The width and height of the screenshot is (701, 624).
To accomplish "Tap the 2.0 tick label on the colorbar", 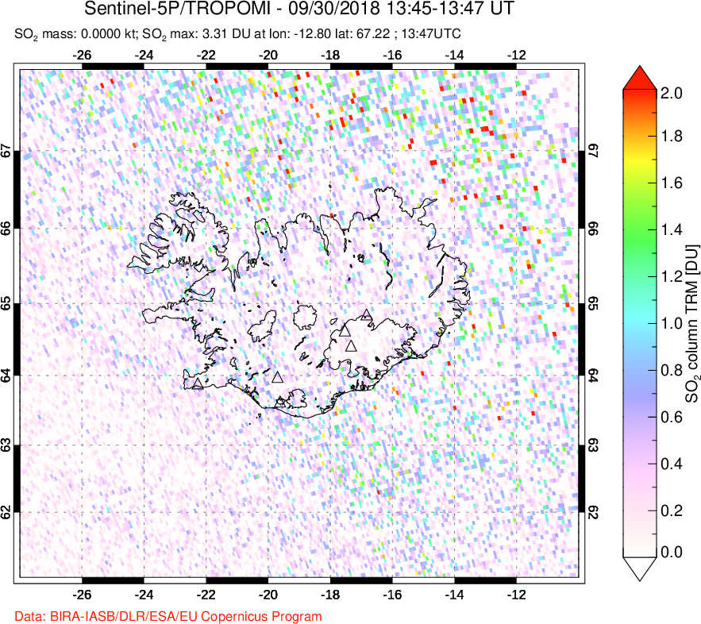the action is [672, 93].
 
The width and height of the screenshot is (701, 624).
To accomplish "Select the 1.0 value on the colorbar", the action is [672, 322].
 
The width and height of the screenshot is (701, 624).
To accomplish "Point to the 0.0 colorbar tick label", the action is [672, 552].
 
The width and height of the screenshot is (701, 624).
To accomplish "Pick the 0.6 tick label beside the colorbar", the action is [672, 414].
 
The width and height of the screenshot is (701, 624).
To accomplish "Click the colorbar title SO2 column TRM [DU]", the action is [691, 322].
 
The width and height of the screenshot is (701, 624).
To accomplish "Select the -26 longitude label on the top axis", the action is [81, 56].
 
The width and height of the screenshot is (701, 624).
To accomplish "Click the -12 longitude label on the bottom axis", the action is [517, 593].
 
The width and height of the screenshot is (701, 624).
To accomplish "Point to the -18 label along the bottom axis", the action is [330, 593].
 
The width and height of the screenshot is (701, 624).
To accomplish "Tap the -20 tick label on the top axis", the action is [268, 56].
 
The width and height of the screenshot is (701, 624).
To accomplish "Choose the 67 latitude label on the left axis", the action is [7, 151].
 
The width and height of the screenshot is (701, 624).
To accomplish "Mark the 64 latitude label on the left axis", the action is [7, 376].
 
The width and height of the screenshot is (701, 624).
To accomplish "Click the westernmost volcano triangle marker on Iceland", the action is [198, 383].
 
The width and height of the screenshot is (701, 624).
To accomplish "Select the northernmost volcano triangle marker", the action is [365, 314].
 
